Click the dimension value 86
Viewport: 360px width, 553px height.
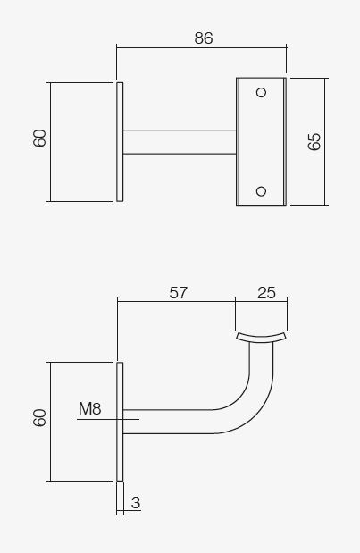(203, 38)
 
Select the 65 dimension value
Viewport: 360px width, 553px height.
(314, 141)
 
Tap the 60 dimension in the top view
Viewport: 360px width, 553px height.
(39, 138)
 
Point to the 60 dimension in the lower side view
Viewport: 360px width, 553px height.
(39, 417)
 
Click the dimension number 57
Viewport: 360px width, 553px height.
(178, 292)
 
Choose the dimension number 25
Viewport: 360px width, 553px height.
(266, 292)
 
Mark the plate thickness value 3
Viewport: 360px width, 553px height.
(135, 503)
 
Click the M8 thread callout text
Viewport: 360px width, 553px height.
(89, 409)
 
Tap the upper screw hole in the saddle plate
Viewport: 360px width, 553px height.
(261, 92)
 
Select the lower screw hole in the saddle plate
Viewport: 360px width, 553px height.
(261, 190)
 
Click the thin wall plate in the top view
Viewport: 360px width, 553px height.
(120, 141)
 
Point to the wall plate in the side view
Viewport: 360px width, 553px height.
(120, 421)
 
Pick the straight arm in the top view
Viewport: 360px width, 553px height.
(179, 142)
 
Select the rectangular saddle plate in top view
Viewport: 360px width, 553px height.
(261, 141)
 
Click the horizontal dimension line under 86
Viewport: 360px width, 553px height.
(201, 49)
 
